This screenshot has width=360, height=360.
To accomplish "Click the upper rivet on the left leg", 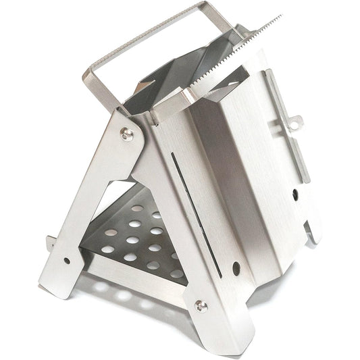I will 126,134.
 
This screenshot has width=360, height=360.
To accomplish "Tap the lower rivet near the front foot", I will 201,305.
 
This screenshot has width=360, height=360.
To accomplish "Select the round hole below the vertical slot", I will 236,267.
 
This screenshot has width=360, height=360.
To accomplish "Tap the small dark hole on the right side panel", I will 295,194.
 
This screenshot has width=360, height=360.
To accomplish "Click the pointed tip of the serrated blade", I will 280,16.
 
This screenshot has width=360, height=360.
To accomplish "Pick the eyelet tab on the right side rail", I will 295,122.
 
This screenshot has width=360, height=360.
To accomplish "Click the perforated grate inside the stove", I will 138,240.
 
